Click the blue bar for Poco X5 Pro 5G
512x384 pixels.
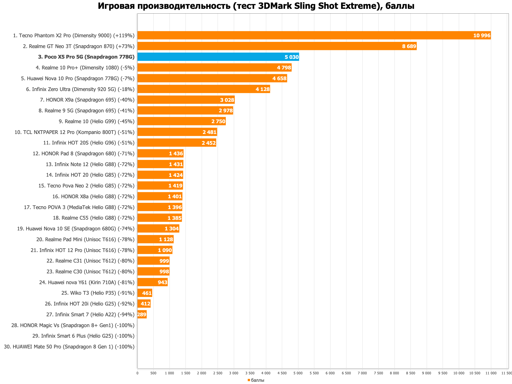coord(218,57)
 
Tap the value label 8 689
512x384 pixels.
coord(409,46)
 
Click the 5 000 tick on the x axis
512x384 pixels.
coord(298,373)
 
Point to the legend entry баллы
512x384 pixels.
coord(258,380)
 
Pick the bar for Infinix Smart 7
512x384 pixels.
coord(142,314)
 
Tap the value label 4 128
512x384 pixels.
coord(263,89)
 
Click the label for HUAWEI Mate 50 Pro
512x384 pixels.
coord(69,347)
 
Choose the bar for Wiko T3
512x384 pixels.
coord(145,293)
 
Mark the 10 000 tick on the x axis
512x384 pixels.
coord(459,373)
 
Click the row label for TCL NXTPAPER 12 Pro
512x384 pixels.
coord(75,132)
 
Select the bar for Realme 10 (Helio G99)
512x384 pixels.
coord(181,121)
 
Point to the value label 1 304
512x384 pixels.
coord(172,229)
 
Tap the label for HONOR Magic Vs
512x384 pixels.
coord(73,325)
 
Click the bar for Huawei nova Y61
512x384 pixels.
coord(152,282)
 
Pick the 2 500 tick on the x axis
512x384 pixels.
coord(218,373)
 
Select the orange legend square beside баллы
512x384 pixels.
coord(249,380)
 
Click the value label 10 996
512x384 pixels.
coord(482,36)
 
